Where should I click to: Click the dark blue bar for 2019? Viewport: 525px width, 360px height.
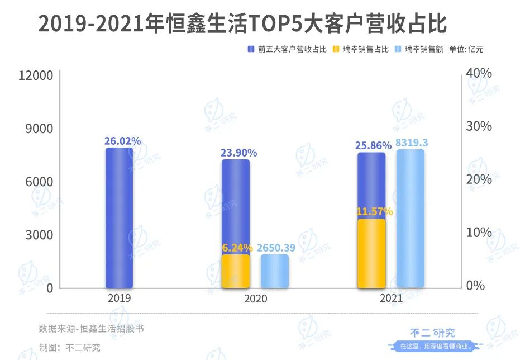[120, 218]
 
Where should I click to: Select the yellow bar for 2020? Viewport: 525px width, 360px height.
[235, 272]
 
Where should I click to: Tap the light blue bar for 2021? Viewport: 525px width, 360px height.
[410, 219]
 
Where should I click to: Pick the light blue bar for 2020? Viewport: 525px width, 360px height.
[274, 272]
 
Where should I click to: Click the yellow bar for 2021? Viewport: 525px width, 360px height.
[371, 254]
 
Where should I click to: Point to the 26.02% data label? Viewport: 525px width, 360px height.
[122, 141]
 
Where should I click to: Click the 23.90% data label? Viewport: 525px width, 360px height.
[238, 153]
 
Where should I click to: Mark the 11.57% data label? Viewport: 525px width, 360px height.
[374, 211]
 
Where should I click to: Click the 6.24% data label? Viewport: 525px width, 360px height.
[236, 248]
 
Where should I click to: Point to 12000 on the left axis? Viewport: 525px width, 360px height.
[36, 75]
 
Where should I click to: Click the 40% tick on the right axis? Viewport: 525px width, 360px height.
[479, 73]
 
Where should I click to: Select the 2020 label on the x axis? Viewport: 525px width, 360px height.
[255, 299]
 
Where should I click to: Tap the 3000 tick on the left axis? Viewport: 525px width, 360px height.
[39, 235]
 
